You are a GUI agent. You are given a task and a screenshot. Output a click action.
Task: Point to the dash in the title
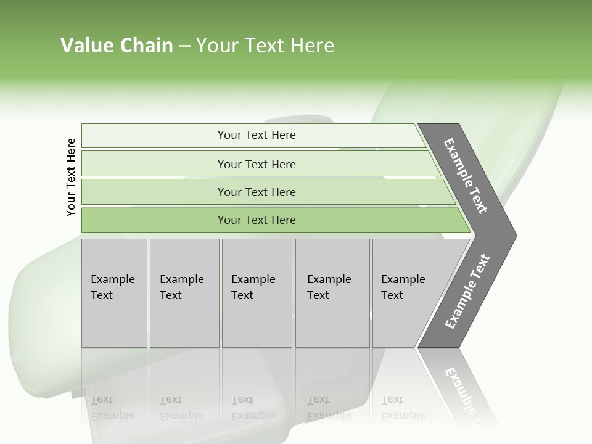click(x=184, y=46)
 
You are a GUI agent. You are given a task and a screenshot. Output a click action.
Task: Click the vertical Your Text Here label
click(x=71, y=177)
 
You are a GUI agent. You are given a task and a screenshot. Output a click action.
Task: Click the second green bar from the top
click(x=257, y=164)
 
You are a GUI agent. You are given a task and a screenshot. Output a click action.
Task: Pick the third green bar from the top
click(x=257, y=192)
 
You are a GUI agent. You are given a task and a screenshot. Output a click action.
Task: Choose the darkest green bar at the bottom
click(x=257, y=220)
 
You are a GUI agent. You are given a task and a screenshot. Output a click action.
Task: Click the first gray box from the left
click(x=114, y=293)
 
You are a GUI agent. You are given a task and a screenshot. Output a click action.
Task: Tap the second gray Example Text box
click(x=184, y=293)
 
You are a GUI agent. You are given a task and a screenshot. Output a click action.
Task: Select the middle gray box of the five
click(x=256, y=293)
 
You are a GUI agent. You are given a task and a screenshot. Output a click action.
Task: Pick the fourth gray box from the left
click(x=332, y=293)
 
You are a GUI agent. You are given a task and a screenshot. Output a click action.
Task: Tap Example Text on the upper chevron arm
click(x=466, y=176)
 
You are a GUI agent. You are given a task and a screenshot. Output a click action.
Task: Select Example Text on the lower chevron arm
click(x=467, y=292)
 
